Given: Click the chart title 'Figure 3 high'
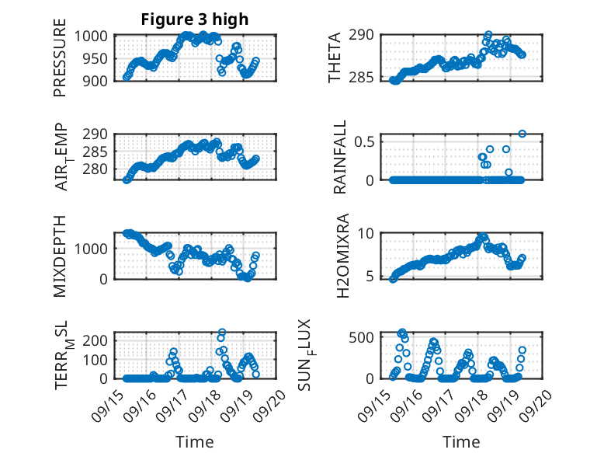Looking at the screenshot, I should click(x=194, y=19).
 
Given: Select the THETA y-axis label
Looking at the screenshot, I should click(x=335, y=57).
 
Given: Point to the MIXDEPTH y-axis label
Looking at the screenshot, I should click(x=61, y=256).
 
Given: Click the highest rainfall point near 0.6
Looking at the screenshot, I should click(x=522, y=134).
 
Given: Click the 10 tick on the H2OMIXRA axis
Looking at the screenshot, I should click(x=370, y=234).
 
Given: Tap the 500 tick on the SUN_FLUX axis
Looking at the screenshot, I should click(x=367, y=336).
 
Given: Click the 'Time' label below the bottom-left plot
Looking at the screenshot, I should click(x=194, y=441).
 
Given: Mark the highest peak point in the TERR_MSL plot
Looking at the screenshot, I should click(x=222, y=333).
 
